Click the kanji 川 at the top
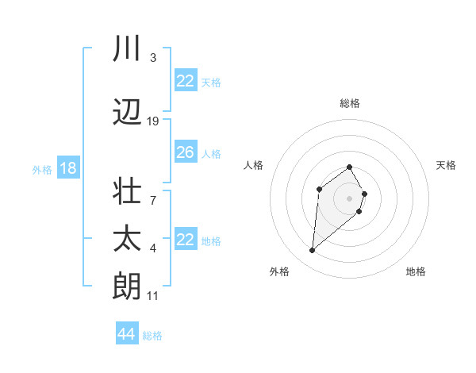[128, 49]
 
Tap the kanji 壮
[128, 193]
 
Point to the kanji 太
[128, 239]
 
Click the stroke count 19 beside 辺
[153, 121]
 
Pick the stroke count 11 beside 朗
[153, 296]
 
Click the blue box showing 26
[185, 153]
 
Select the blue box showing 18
[67, 168]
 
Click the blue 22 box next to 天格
[185, 81]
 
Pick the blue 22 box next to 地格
[185, 240]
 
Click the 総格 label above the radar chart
[350, 103]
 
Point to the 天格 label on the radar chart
[447, 165]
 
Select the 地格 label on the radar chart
[416, 271]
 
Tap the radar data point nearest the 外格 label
[313, 251]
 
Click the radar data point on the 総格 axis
[350, 167]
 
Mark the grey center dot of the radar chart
[350, 198]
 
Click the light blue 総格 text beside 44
[152, 336]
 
